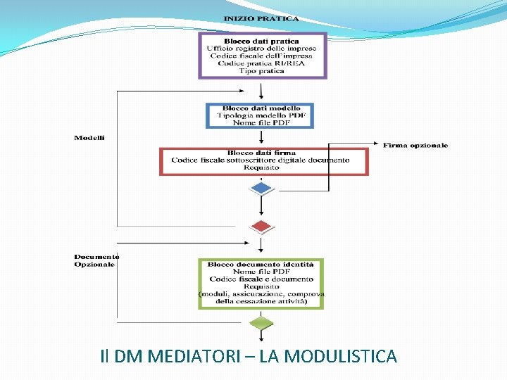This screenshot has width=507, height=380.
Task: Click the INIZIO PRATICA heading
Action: click(261, 19)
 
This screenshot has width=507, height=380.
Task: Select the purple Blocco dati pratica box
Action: click(262, 55)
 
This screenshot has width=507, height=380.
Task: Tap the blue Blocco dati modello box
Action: click(259, 115)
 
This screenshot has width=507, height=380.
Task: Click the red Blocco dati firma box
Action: click(263, 160)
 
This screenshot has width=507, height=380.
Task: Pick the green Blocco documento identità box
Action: click(261, 283)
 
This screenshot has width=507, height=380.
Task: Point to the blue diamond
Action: click(261, 188)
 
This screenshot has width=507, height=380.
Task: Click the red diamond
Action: click(261, 227)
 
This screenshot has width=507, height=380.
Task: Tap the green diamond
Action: click(261, 323)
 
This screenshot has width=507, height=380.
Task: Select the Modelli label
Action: click(89, 138)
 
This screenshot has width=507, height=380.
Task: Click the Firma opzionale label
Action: click(415, 146)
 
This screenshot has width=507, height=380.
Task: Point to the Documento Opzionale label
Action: click(96, 260)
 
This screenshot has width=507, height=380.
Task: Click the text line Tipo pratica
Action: click(262, 70)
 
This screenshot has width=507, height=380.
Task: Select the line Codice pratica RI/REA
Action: click(262, 63)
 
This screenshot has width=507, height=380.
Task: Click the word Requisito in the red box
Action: click(261, 167)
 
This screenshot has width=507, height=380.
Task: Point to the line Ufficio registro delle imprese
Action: click(262, 49)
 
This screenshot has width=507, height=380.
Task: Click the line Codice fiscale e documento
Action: click(261, 279)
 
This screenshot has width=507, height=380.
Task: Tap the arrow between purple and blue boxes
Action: click(261, 90)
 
